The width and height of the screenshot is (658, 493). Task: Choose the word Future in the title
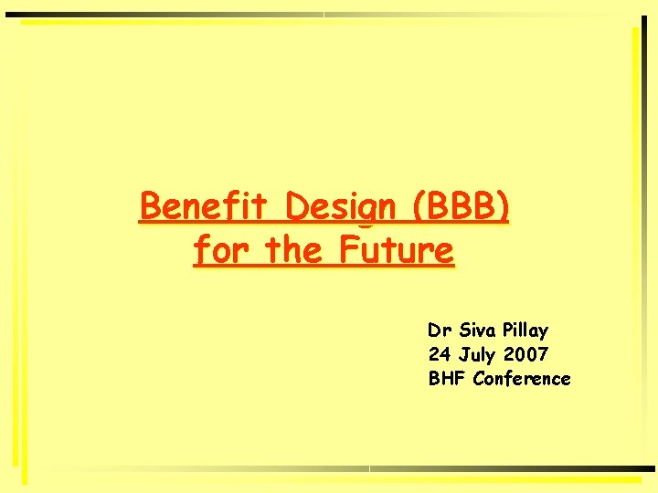click(396, 248)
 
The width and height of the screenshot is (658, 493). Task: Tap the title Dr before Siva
click(440, 330)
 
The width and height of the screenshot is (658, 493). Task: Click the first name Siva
click(479, 330)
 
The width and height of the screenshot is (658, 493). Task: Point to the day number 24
click(440, 354)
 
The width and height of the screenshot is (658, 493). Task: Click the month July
click(479, 354)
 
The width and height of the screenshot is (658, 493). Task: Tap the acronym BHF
click(447, 378)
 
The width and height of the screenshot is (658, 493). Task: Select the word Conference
click(522, 378)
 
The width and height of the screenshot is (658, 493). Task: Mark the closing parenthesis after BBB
click(504, 207)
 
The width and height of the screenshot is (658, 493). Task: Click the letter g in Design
click(365, 211)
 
